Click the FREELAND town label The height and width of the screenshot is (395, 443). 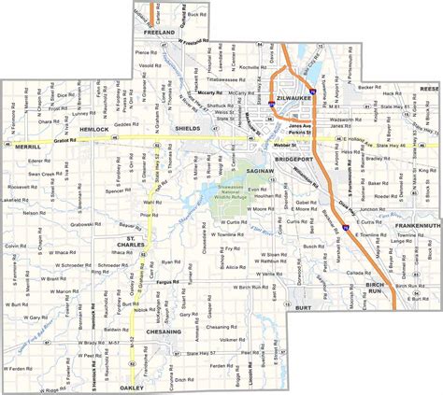tap(160, 32)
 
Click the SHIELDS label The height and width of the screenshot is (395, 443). tap(190, 130)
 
